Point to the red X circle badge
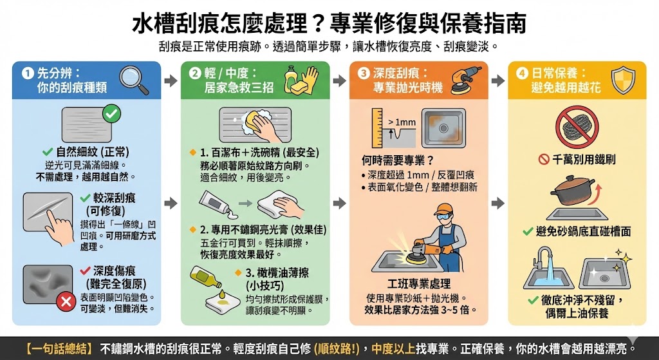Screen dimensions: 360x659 coord(64,301)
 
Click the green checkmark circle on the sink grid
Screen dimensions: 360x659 coord(111,114)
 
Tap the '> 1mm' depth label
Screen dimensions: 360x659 coord(402,121)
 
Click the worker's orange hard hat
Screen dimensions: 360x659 coord(443,209)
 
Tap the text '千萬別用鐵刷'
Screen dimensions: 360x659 coord(577,158)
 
